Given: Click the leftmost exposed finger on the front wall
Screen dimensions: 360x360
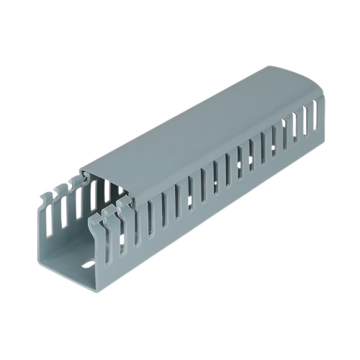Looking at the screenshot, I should [x=96, y=229].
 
